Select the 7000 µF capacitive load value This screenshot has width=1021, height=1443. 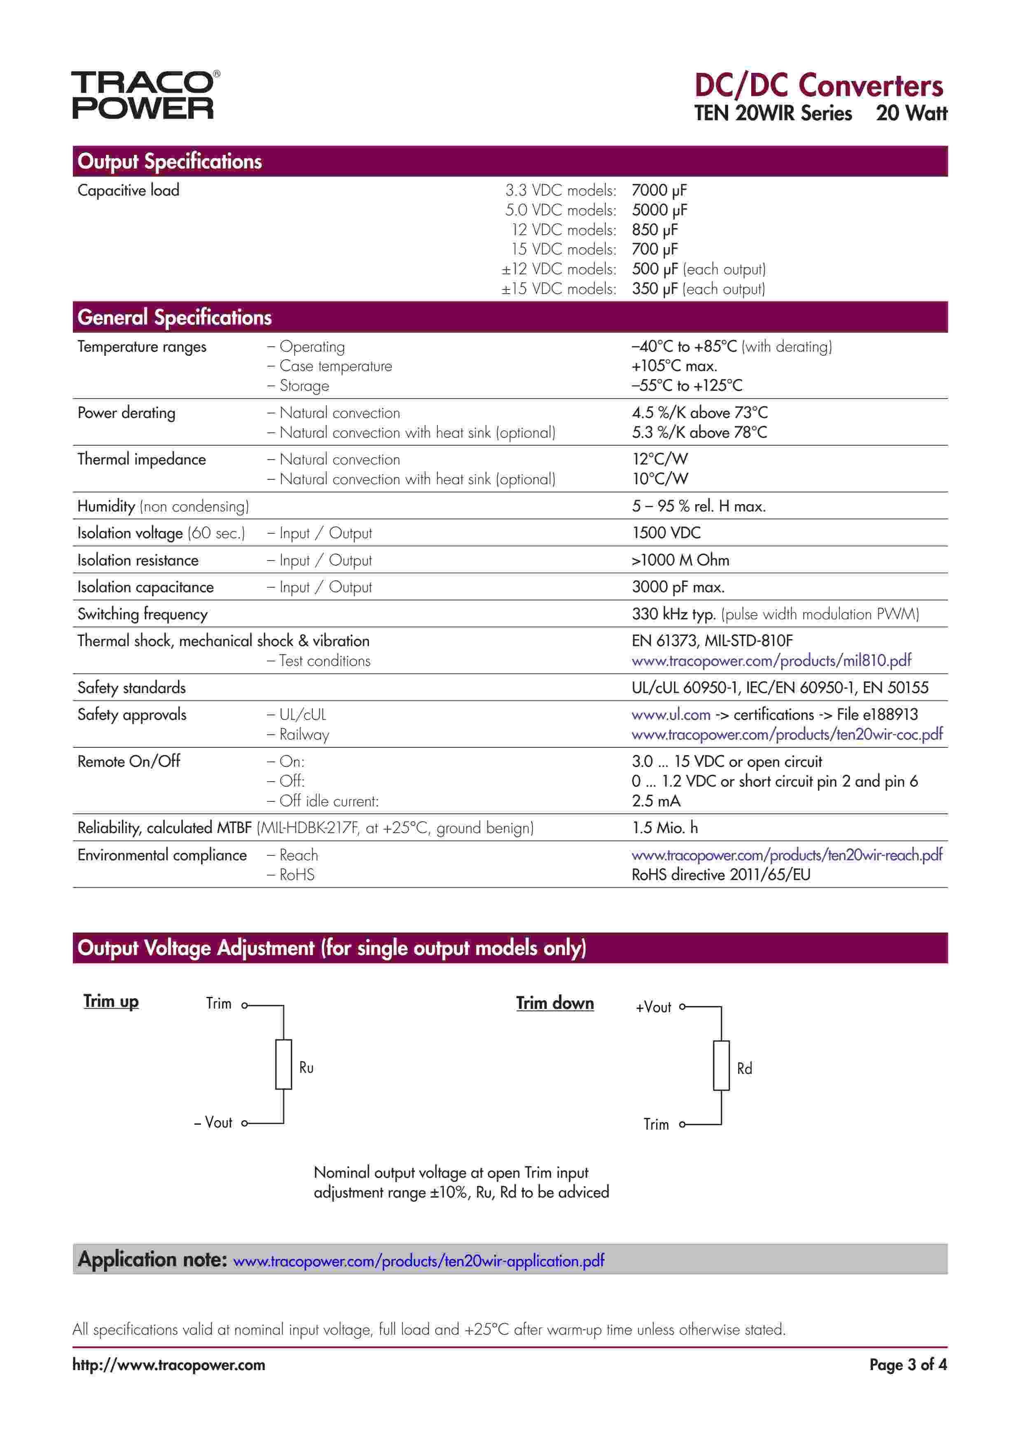[x=659, y=190]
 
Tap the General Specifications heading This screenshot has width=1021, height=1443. [x=174, y=318]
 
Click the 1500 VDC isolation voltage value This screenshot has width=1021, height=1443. [x=666, y=533]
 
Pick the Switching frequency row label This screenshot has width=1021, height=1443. [x=142, y=614]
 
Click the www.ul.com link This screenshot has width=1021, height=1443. [x=671, y=714]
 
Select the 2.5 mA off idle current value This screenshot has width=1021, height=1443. [x=656, y=801]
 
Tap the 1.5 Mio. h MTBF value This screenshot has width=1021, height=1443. [x=664, y=828]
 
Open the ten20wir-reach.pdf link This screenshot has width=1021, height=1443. [x=787, y=855]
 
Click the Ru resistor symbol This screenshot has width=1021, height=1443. [x=283, y=1065]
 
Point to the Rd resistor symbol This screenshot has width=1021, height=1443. [x=721, y=1065]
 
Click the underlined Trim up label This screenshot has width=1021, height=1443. [x=111, y=1001]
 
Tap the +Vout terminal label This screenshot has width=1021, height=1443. [x=653, y=1007]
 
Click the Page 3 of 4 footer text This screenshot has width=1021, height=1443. [x=907, y=1364]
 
